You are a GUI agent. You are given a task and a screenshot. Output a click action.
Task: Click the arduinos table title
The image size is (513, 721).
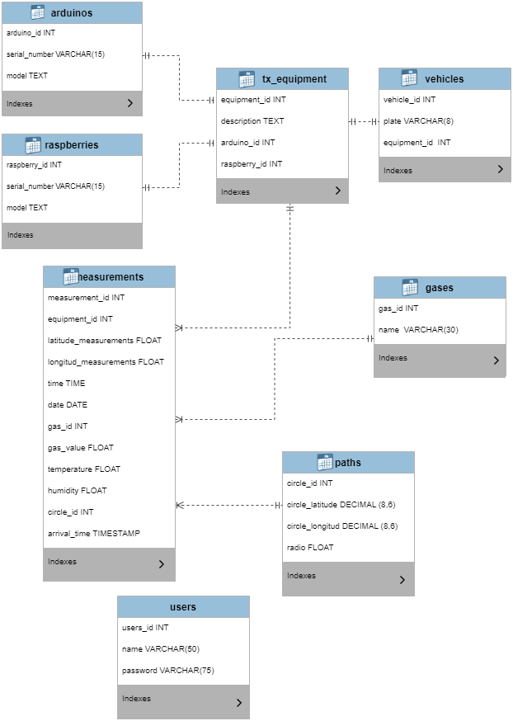pos(72,12)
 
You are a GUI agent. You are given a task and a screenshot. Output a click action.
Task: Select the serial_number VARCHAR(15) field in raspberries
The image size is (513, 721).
pos(55,186)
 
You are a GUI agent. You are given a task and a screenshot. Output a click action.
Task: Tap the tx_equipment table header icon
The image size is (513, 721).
pos(245,79)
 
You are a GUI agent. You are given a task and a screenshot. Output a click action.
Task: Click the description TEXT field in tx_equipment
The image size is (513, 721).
pos(252,121)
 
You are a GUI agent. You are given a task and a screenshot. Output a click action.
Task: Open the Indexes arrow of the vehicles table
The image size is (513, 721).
pos(500,170)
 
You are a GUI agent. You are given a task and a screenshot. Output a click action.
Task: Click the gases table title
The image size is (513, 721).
pos(440,288)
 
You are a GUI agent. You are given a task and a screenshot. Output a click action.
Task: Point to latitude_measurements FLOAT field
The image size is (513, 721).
pos(105,341)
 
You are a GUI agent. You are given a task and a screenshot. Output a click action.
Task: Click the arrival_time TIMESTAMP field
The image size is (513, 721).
pos(94,534)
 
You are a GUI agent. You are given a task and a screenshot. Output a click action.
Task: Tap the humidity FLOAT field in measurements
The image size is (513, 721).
pos(78,491)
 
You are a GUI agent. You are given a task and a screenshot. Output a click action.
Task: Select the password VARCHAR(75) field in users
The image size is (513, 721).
pos(168,671)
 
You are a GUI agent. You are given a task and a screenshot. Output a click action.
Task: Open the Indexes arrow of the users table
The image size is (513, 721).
pos(238,703)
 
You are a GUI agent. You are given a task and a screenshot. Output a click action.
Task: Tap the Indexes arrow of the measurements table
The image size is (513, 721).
pos(161,564)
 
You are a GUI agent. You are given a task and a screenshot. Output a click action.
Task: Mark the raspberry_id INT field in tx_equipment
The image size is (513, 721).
pos(252,164)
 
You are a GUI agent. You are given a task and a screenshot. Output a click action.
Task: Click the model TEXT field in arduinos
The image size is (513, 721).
pos(27,76)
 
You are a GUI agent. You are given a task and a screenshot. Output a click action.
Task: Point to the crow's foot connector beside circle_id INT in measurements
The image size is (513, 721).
pos(181,505)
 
